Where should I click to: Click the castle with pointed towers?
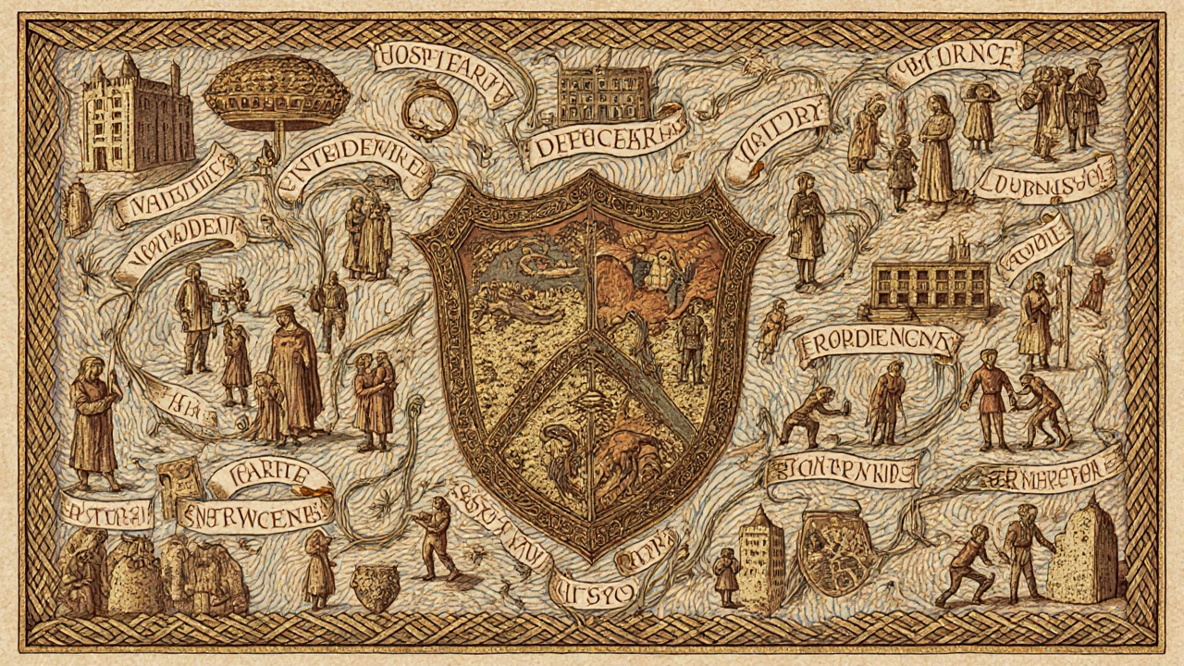136,116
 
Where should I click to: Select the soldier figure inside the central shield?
691,342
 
